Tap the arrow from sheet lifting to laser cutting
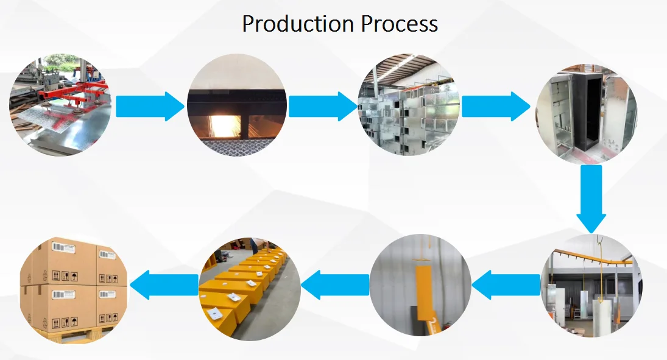coord(150,107)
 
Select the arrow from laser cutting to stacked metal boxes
coord(323,107)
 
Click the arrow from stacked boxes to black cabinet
coord(496,107)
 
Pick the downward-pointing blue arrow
coord(591,199)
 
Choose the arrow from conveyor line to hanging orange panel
coord(506,284)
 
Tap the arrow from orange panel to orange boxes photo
coord(335,284)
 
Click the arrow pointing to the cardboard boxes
coord(164,284)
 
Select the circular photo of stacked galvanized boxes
coord(409,105)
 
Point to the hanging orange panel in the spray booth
coord(426,294)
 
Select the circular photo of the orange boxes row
coord(250,289)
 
